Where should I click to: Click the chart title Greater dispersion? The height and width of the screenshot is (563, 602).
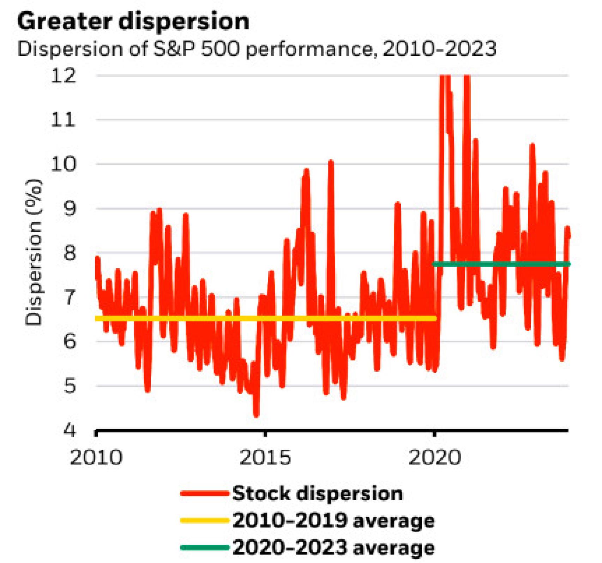coord(133,22)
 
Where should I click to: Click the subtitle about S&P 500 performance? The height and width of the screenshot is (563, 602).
coord(257,49)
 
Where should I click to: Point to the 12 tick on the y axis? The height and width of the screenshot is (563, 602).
coord(64,76)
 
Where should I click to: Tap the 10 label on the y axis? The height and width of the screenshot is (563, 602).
coord(64,164)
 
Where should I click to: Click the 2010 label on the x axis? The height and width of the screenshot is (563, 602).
coord(96,458)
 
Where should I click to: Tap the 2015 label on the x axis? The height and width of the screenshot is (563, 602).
coord(265,458)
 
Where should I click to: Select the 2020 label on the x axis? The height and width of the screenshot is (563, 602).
coord(434,458)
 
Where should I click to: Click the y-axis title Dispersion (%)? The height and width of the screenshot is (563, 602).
coord(34,252)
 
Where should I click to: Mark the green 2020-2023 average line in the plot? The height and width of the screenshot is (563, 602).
coord(501,264)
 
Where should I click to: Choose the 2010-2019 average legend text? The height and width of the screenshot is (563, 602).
coord(333,521)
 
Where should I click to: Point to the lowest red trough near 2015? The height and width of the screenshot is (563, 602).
coord(256,414)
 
